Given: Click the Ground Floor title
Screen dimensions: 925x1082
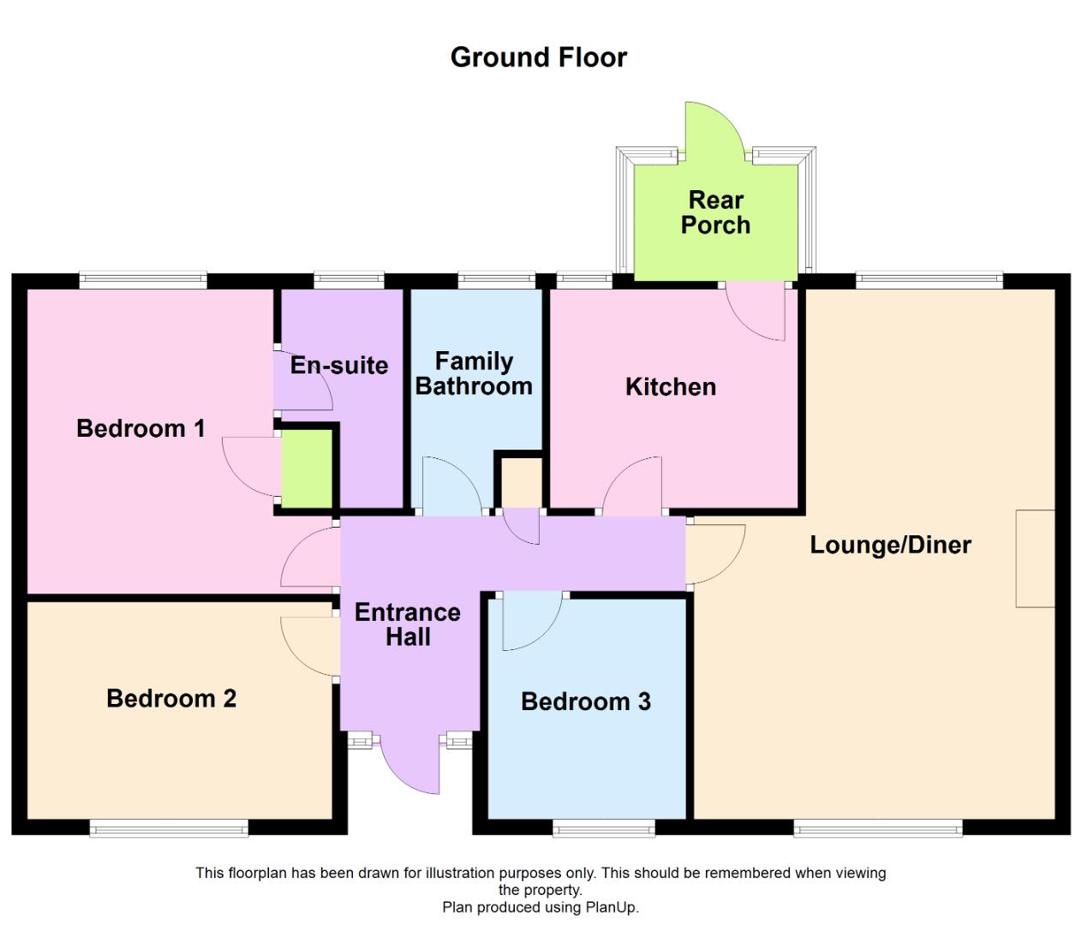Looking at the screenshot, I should (538, 57).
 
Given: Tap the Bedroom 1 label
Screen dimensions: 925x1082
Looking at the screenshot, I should (140, 428).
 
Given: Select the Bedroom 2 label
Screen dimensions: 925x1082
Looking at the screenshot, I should (171, 699).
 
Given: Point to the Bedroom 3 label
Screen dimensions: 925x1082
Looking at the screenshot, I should (586, 702).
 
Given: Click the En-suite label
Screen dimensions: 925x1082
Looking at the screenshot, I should (339, 366).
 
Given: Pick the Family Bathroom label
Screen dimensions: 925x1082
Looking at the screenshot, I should (474, 373).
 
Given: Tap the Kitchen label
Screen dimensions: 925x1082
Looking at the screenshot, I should (671, 387).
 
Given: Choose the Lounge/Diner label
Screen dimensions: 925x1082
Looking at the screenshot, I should (890, 545).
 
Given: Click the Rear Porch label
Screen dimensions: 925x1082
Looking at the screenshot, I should (715, 212).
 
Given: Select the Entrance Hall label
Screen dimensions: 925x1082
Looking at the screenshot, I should (408, 624).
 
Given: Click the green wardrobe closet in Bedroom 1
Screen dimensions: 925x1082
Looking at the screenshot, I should (307, 468).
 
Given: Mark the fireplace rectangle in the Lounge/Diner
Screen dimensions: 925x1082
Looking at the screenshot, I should (1035, 558).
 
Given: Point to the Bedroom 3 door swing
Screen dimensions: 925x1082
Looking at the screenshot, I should (529, 621).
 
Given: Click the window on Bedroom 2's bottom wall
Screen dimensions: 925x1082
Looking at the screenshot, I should (169, 827).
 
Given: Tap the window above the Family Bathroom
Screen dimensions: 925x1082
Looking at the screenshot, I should (496, 279).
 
